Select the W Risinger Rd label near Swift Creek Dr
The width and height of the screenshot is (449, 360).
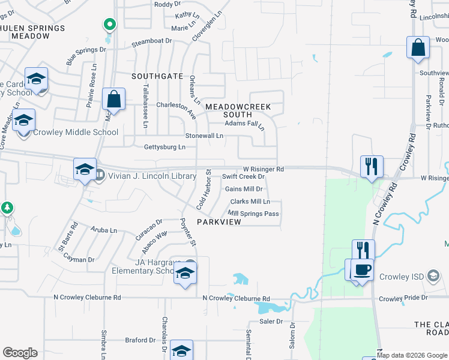pyautogui.click(x=263, y=169)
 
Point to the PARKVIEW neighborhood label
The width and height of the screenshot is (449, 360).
pyautogui.click(x=218, y=222)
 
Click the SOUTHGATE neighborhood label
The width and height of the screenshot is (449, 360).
pyautogui.click(x=157, y=76)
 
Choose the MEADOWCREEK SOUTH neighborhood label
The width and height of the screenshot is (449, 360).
pyautogui.click(x=238, y=110)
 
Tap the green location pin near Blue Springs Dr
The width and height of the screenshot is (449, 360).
pyautogui.click(x=109, y=25)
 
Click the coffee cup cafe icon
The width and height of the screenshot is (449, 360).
pyautogui.click(x=363, y=268)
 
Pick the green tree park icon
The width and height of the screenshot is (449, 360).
pyautogui.click(x=7, y=208)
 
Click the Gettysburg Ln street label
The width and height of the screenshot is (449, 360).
pyautogui.click(x=164, y=147)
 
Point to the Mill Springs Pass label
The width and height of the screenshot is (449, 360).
pyautogui.click(x=253, y=214)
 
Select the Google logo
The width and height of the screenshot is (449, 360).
pyautogui.click(x=20, y=353)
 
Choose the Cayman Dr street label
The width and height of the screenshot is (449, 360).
pyautogui.click(x=79, y=260)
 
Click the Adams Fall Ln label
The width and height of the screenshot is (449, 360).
pyautogui.click(x=244, y=124)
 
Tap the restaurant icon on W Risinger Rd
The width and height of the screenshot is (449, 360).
pyautogui.click(x=372, y=166)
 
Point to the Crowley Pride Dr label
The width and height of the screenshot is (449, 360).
pyautogui.click(x=403, y=298)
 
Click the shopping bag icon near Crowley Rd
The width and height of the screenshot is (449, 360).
pyautogui.click(x=418, y=47)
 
